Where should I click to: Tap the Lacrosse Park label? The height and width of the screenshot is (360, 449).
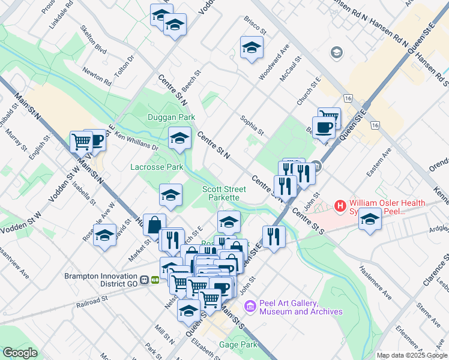click(x=157, y=167)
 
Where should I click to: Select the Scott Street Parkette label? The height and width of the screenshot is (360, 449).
click(x=221, y=193)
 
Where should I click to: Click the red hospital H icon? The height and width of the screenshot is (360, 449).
click(x=341, y=206)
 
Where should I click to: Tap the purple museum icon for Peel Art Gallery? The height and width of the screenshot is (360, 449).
click(x=250, y=307)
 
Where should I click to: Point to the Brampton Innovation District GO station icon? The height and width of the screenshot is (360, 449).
click(x=149, y=280)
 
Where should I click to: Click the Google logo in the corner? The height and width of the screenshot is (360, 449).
click(x=19, y=353)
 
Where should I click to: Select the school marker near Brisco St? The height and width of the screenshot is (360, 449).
click(x=252, y=48)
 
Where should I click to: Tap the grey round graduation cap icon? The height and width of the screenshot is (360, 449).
click(x=336, y=53)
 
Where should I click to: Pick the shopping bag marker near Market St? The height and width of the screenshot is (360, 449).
click(x=154, y=225)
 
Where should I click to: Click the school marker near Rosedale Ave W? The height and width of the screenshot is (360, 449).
click(x=105, y=235)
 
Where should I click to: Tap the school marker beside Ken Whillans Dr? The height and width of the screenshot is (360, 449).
click(x=179, y=139)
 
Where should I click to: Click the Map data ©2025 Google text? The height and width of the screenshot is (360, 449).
click(x=412, y=355)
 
